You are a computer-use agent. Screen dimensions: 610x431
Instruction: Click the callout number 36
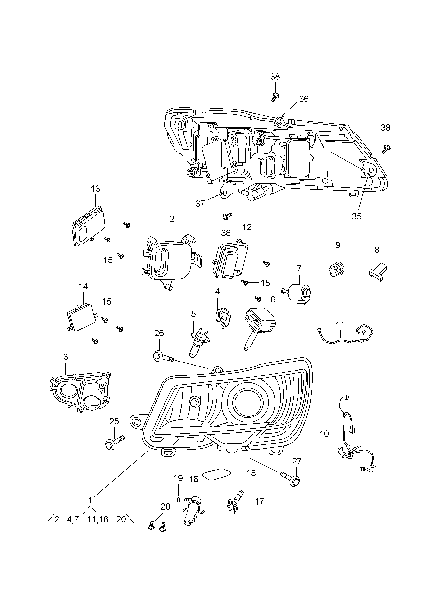(304, 99)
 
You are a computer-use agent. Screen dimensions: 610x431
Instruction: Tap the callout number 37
(200, 203)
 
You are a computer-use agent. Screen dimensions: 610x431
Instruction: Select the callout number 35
(357, 216)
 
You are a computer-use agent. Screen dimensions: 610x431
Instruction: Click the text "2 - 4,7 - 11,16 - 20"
(90, 519)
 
